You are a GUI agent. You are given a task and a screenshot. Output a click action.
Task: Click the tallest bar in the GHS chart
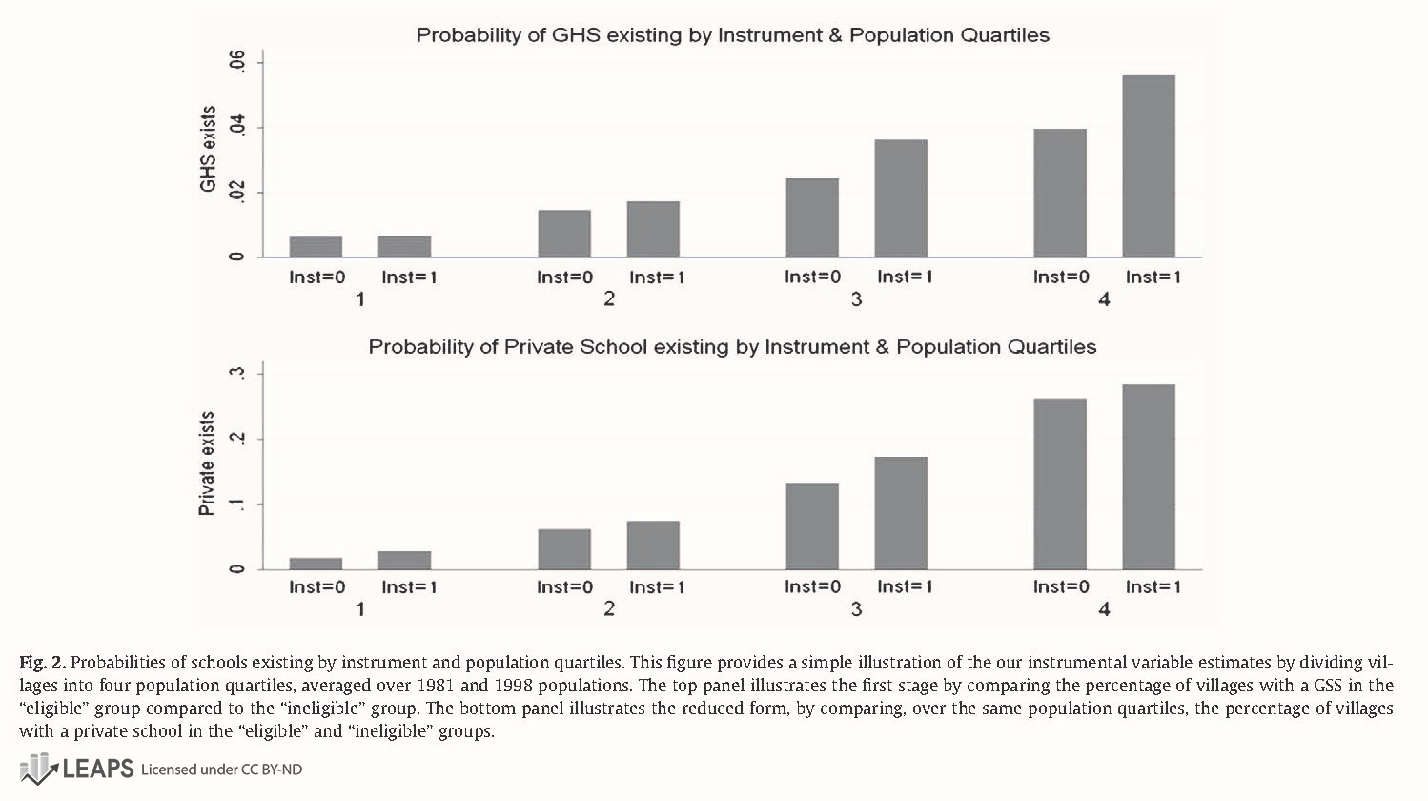(x=1148, y=166)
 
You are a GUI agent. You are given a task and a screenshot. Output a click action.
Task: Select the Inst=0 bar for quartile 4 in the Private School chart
(x=1060, y=483)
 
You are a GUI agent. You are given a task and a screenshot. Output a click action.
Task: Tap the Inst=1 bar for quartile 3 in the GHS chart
(x=901, y=198)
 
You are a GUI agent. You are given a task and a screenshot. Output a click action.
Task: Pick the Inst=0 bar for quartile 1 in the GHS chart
(x=316, y=247)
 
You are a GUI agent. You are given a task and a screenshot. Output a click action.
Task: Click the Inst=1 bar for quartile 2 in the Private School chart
(x=653, y=544)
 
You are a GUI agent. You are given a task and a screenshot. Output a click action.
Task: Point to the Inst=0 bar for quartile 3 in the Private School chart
(x=812, y=526)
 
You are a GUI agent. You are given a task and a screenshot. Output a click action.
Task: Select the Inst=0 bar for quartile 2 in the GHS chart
(x=564, y=234)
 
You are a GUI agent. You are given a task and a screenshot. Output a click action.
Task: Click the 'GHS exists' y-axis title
(x=208, y=149)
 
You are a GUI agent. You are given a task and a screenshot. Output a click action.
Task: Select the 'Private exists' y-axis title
(x=207, y=463)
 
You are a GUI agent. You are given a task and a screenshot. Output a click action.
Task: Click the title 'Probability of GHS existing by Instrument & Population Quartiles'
(x=732, y=35)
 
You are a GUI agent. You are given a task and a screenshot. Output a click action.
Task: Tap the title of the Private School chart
(x=732, y=347)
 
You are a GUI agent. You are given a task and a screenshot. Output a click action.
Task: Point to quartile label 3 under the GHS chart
(x=856, y=299)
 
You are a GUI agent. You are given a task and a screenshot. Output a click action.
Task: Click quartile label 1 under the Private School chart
(x=360, y=608)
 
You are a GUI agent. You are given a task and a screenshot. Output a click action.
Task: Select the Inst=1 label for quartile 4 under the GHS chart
(x=1153, y=277)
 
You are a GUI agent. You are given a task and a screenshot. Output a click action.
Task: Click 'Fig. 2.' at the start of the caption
(x=42, y=662)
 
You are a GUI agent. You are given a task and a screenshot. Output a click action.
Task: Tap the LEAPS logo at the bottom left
(x=76, y=769)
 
